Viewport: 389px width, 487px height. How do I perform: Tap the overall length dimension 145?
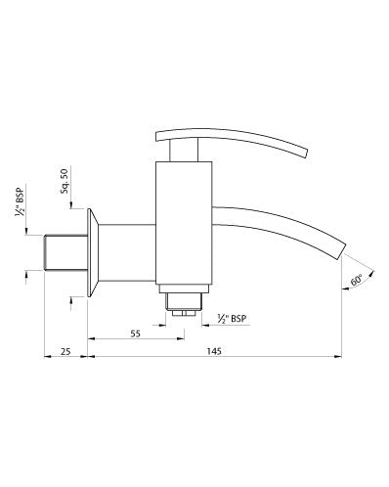[213, 350]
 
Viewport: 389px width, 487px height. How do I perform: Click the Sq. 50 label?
[65, 183]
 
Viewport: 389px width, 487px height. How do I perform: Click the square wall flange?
[91, 251]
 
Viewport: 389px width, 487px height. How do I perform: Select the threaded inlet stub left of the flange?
[65, 251]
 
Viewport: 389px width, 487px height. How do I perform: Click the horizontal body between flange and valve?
[127, 251]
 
